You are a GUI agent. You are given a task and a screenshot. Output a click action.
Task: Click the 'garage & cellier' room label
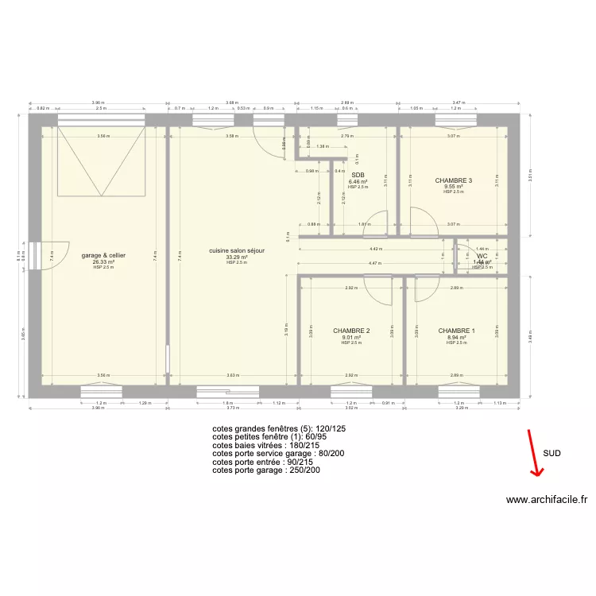click(103, 255)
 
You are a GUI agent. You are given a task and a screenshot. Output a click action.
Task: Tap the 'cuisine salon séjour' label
click(237, 250)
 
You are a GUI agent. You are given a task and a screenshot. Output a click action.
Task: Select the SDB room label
click(358, 175)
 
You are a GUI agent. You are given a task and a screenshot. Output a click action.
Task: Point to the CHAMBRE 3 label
click(454, 180)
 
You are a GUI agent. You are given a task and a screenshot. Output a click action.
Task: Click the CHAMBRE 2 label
click(351, 331)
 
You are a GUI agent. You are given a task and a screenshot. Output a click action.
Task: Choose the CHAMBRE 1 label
click(456, 331)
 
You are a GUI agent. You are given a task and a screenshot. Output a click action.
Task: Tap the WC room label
click(482, 256)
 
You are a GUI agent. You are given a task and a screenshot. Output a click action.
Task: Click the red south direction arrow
click(536, 454)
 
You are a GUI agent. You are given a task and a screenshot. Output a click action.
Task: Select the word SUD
click(551, 453)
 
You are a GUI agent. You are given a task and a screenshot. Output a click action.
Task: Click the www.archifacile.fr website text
click(546, 500)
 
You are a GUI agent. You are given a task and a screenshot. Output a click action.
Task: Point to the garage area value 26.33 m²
click(103, 261)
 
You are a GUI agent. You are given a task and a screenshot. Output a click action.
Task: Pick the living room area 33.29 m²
click(237, 257)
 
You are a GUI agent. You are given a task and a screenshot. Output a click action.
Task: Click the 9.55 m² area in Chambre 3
click(454, 187)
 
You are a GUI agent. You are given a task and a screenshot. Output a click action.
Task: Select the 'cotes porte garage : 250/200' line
click(267, 470)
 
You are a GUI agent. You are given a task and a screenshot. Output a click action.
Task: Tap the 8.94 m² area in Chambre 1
click(456, 337)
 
